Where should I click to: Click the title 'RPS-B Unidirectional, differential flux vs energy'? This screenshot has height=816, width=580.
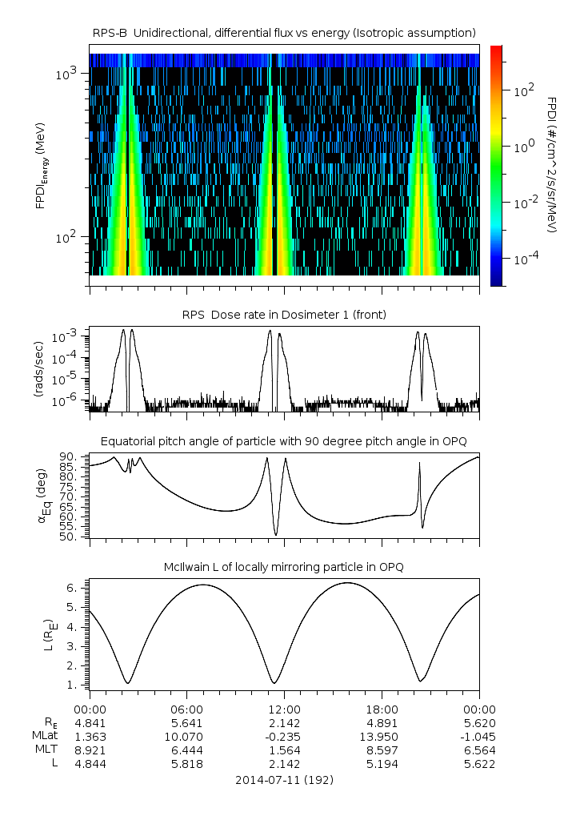pos(284,32)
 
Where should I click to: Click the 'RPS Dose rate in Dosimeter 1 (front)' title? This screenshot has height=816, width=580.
pos(284,315)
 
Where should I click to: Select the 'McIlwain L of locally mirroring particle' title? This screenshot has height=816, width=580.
pos(284,567)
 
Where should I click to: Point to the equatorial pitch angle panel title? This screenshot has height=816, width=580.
pos(284,441)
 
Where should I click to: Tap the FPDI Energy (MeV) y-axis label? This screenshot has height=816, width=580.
pos(41,165)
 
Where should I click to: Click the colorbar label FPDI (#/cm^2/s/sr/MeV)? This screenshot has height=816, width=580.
pos(552,165)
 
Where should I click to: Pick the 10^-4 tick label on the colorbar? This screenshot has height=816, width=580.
pos(524,259)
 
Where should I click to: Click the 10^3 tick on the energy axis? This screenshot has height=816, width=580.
pos(65,74)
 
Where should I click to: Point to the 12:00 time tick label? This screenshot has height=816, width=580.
pos(284,709)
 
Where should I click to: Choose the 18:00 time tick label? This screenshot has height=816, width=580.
pos(382,709)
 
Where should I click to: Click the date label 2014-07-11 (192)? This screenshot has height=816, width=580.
pos(284,779)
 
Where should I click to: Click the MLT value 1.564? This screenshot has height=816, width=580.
pos(284,750)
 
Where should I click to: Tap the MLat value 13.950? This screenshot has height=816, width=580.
pos(382,736)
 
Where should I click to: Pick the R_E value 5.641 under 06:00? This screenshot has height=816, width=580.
pos(186,722)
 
